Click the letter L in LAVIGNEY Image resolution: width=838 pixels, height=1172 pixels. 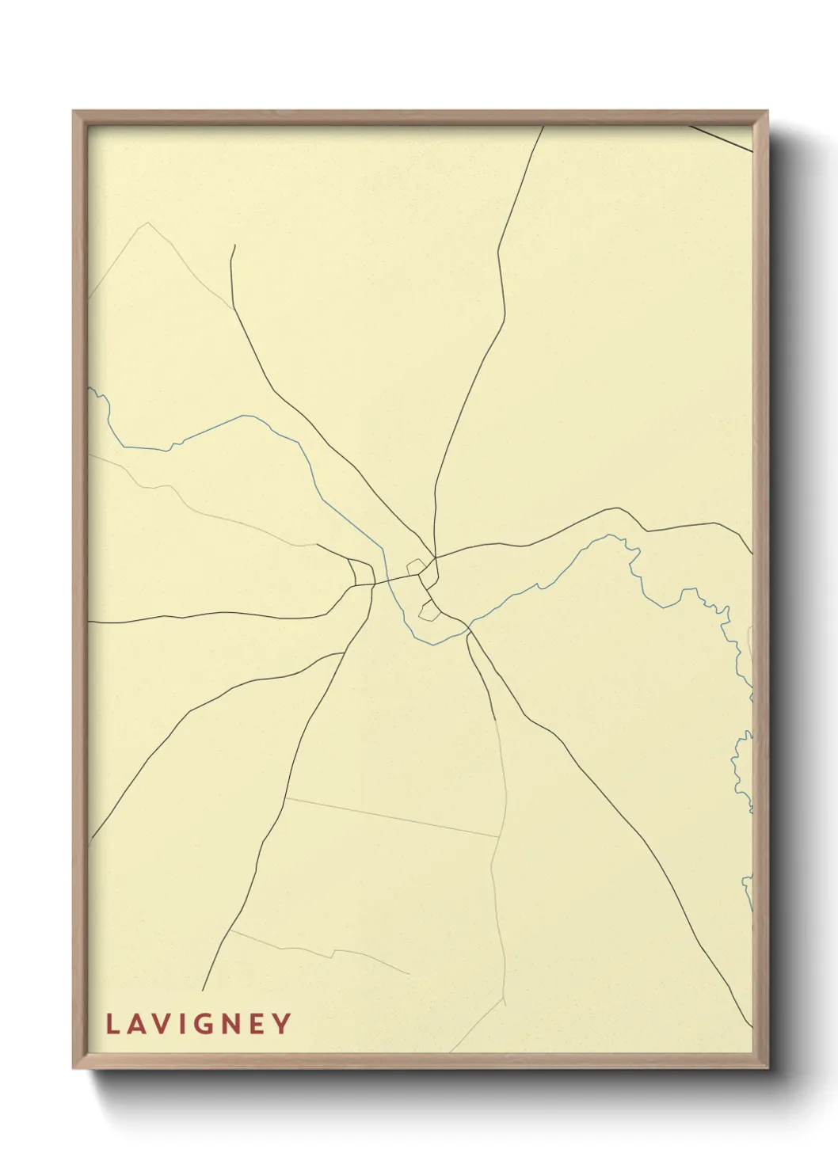click(112, 1024)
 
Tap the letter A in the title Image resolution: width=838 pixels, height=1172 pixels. click(135, 1024)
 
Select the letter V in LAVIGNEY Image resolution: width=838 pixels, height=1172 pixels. click(160, 1024)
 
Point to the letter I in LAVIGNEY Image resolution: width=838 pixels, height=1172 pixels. click(180, 1024)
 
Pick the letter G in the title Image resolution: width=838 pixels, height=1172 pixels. click(201, 1024)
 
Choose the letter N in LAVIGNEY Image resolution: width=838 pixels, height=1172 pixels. click(229, 1024)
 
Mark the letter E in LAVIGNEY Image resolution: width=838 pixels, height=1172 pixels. click(256, 1024)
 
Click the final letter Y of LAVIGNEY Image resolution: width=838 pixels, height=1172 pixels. click(281, 1024)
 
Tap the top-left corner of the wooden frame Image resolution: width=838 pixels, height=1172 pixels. click(74, 112)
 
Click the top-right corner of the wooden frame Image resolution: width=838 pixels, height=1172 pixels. click(767, 112)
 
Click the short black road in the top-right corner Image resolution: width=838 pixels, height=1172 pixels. click(721, 138)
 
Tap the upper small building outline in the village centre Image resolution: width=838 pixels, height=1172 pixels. click(415, 566)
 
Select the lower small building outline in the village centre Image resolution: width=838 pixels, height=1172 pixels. click(429, 610)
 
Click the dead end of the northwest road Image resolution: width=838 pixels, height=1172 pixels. click(234, 245)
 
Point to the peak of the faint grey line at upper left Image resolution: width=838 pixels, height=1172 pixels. click(147, 223)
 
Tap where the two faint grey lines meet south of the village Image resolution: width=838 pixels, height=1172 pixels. click(499, 836)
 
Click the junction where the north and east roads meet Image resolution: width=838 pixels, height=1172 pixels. click(435, 557)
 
